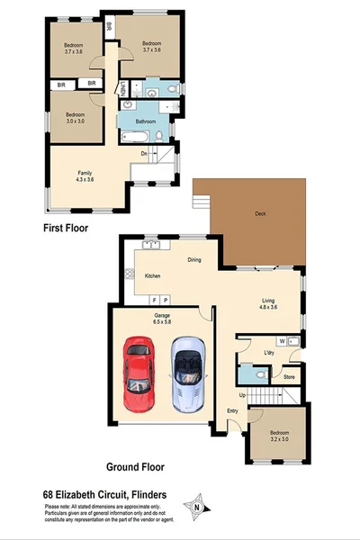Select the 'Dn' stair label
[143, 152]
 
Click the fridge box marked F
[155, 299]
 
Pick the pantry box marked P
[166, 299]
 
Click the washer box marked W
[283, 341]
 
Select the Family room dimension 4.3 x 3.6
[85, 178]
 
